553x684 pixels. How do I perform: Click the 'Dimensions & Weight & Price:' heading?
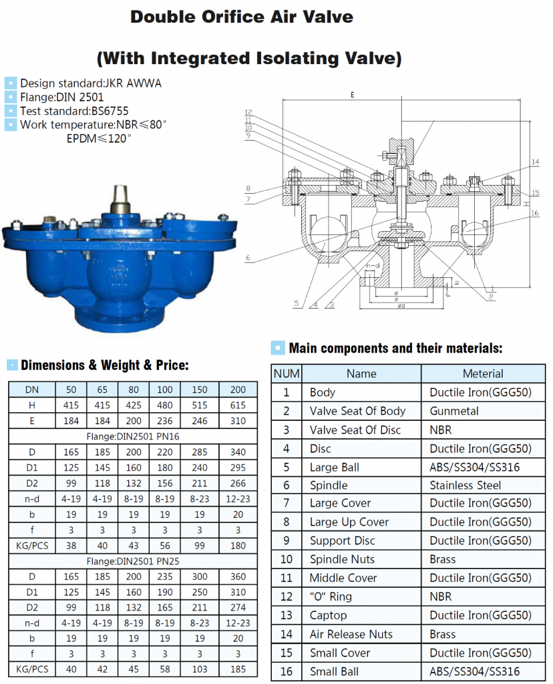click(105, 365)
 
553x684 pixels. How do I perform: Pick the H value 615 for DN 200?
click(237, 405)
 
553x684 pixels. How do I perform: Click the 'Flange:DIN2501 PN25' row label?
click(132, 561)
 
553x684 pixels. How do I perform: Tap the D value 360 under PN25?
click(237, 576)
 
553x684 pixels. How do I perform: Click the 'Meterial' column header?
click(482, 374)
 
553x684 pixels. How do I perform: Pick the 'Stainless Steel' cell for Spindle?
click(466, 486)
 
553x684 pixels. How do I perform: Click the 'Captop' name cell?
click(328, 615)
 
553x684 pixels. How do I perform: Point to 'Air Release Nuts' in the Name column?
click(351, 634)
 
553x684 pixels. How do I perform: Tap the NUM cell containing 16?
click(287, 671)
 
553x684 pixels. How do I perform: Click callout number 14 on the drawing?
click(535, 162)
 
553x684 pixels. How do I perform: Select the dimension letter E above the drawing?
click(351, 96)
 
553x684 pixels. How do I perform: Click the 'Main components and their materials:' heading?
click(395, 348)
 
